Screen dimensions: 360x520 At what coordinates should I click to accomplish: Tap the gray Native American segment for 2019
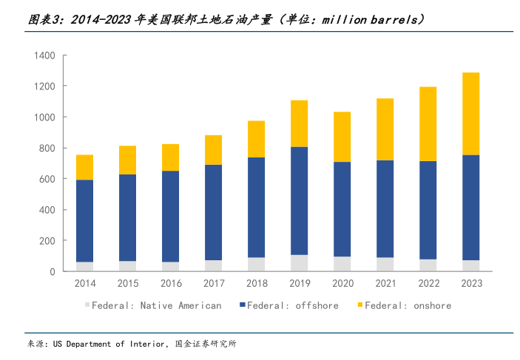click(x=299, y=262)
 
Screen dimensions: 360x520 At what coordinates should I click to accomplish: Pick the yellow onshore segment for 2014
click(x=84, y=167)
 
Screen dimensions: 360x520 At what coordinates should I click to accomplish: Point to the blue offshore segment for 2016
click(x=170, y=216)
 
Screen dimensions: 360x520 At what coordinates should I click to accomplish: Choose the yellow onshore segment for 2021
click(x=385, y=129)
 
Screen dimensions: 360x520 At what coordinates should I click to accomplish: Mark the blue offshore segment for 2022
click(x=428, y=210)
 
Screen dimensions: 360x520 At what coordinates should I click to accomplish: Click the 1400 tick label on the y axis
click(x=45, y=55)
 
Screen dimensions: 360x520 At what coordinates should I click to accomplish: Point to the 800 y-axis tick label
click(x=47, y=149)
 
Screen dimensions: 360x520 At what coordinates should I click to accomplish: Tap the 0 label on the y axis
click(x=53, y=272)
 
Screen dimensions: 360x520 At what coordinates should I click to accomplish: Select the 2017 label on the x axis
click(x=213, y=284)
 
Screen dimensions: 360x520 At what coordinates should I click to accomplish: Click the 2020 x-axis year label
click(x=342, y=284)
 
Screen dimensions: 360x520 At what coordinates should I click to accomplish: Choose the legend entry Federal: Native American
click(x=157, y=305)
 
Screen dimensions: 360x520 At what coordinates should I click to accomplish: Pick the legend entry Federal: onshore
click(x=408, y=305)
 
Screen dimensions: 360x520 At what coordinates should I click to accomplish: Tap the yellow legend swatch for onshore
click(x=359, y=305)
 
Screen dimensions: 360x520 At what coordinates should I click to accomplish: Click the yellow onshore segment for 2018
click(x=256, y=139)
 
